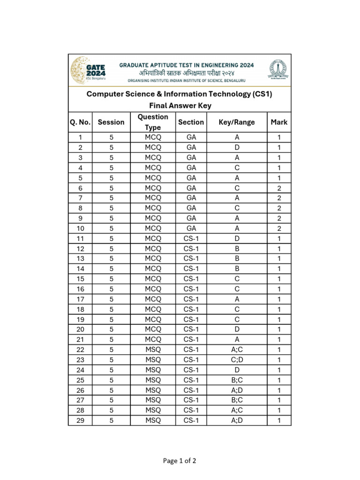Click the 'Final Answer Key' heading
click(180, 105)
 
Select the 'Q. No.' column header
click(80, 122)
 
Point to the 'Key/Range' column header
click(237, 122)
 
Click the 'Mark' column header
click(279, 122)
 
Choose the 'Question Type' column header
click(153, 122)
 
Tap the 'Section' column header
click(191, 122)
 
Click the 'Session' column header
click(111, 122)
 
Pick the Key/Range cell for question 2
click(237, 148)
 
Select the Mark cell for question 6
click(279, 188)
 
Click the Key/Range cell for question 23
click(237, 360)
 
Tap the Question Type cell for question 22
click(153, 350)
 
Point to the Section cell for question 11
click(191, 239)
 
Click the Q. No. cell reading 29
click(80, 420)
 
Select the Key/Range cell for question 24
click(237, 370)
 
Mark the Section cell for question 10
click(191, 228)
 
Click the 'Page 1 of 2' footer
click(180, 461)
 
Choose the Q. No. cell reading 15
click(80, 279)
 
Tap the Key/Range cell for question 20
click(237, 330)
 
